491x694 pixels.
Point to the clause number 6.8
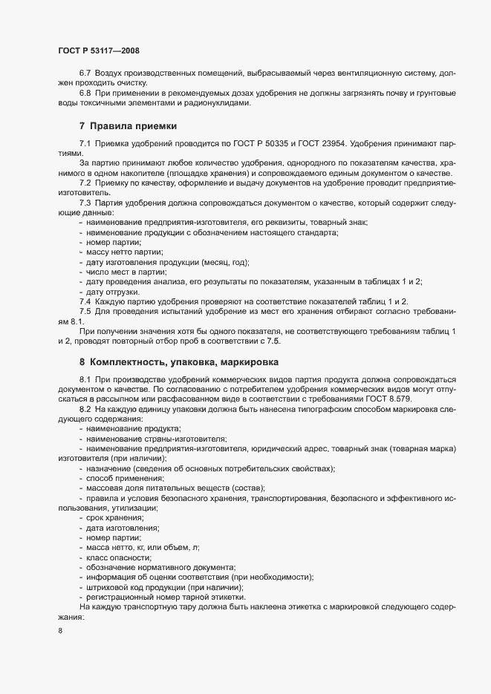(85, 93)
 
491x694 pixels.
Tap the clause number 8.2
(85, 409)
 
